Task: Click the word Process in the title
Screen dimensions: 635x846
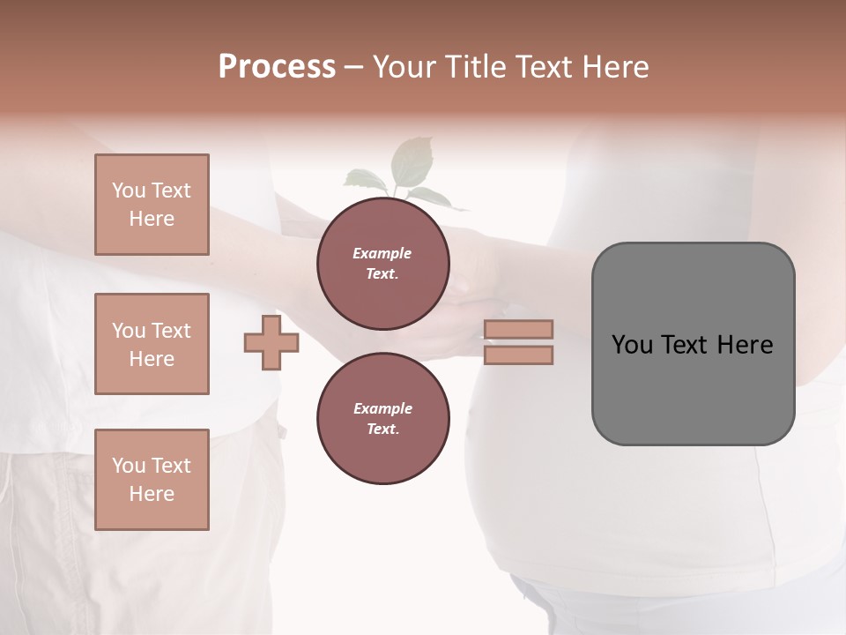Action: [x=277, y=67]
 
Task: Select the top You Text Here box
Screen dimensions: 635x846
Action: [x=152, y=205]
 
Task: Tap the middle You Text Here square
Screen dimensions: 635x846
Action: [x=152, y=344]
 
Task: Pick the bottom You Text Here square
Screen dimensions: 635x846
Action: [x=152, y=480]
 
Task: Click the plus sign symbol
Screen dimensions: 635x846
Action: [x=271, y=343]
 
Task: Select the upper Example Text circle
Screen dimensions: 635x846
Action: [x=382, y=264]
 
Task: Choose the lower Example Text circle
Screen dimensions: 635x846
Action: [x=382, y=419]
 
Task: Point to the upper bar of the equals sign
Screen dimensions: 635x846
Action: [x=519, y=329]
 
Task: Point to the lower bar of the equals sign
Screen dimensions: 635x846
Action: [x=519, y=355]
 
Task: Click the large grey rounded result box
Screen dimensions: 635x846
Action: [x=693, y=344]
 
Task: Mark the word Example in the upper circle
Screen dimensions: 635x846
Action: [x=382, y=253]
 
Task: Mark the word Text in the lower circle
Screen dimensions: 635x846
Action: [x=382, y=430]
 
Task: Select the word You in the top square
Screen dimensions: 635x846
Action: [x=129, y=190]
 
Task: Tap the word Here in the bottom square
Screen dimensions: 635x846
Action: [x=152, y=494]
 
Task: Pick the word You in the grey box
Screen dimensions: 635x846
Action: [x=631, y=345]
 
